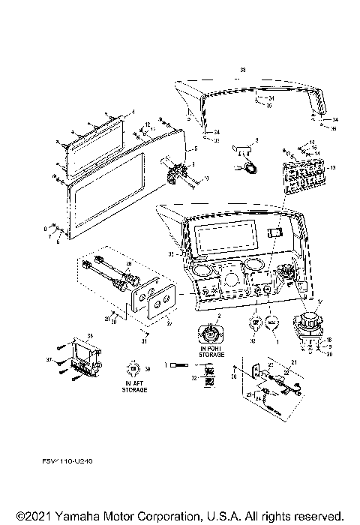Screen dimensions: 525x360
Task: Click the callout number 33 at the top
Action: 241,69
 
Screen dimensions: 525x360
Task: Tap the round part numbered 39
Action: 133,369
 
